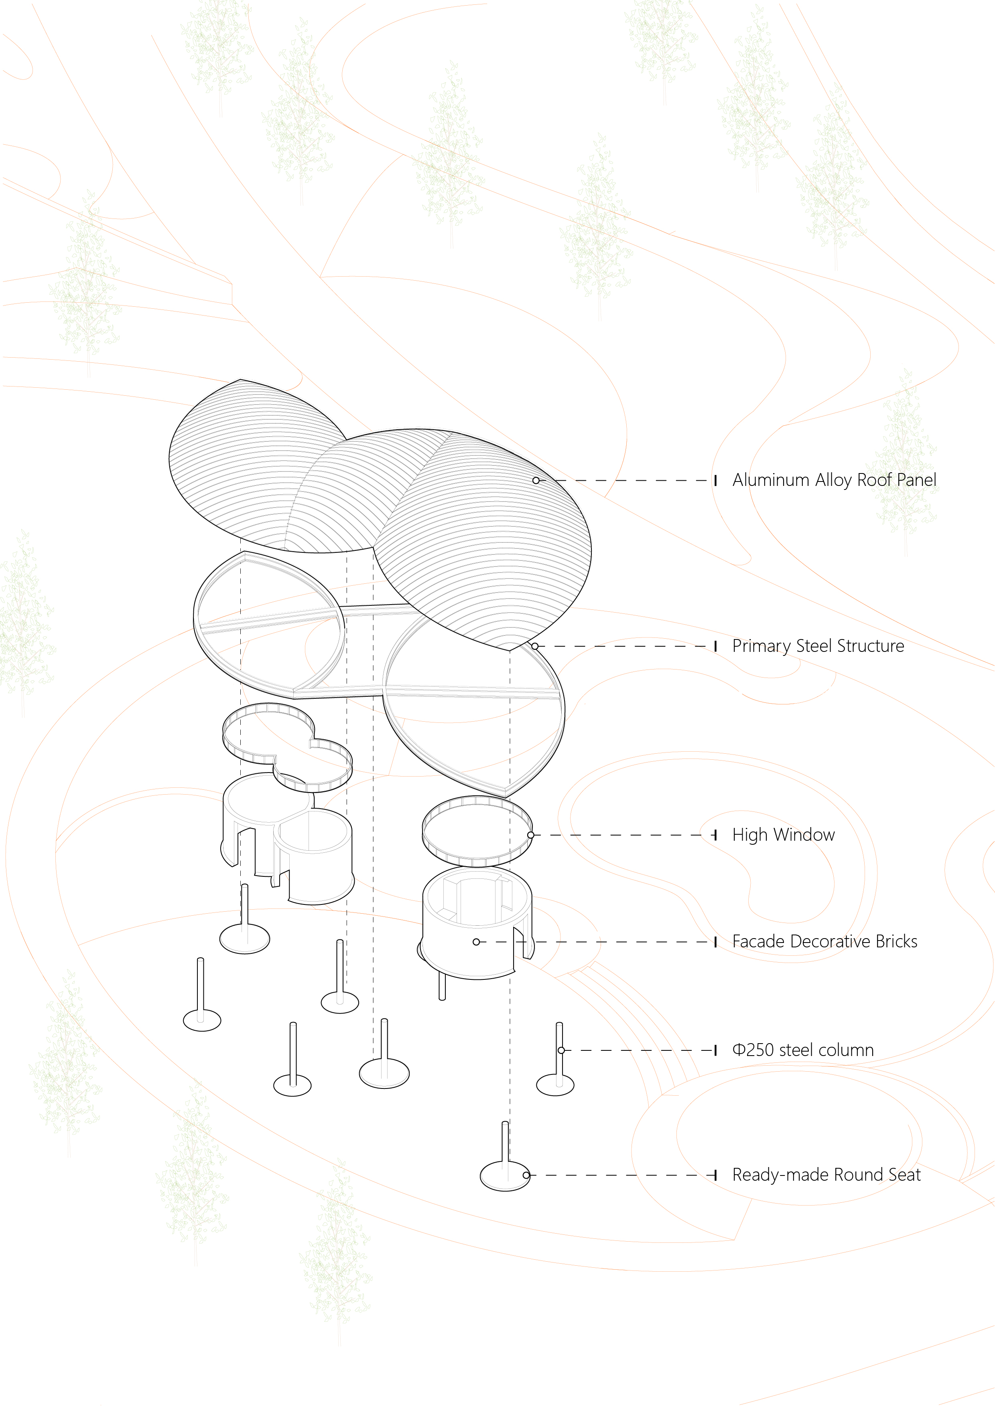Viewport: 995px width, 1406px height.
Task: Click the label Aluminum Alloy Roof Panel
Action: click(834, 480)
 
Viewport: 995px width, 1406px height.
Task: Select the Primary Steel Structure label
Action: click(818, 646)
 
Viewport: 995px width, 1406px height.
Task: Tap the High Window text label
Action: click(783, 835)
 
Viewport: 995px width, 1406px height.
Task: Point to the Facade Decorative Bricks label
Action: click(824, 941)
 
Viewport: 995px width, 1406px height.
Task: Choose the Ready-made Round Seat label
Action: click(826, 1175)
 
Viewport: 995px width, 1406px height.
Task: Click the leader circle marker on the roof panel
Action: click(536, 481)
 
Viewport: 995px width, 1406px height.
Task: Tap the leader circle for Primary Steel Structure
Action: click(535, 646)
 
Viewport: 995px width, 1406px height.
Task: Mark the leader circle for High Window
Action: click(530, 835)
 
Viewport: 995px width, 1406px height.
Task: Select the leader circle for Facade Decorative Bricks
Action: click(477, 942)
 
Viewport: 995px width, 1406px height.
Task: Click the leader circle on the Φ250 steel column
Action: click(561, 1050)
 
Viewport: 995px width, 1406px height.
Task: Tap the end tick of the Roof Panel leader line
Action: click(715, 481)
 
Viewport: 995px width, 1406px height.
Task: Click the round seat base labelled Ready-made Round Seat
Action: click(504, 1176)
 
